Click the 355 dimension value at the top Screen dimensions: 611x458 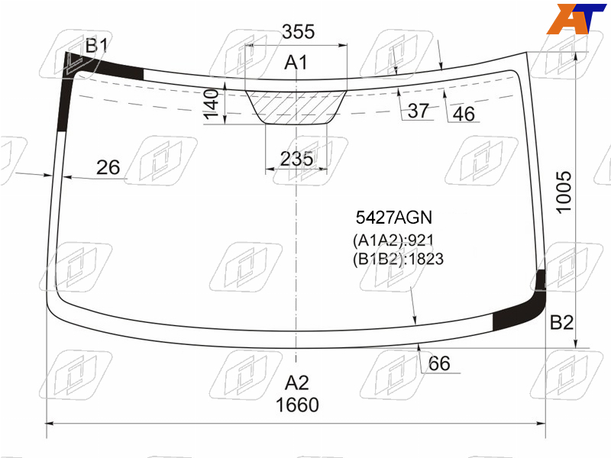coord(298,31)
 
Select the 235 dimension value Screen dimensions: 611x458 coord(296,159)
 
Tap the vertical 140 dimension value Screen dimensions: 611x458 coord(212,104)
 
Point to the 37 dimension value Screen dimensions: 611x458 coord(418,111)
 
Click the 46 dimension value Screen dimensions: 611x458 coord(464,114)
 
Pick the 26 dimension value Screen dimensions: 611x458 coord(108,167)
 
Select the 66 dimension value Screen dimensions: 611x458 coord(439,363)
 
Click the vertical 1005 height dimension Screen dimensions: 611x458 coord(564,192)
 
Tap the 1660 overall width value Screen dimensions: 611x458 coord(297,405)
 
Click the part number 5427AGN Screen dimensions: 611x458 coord(394,218)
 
